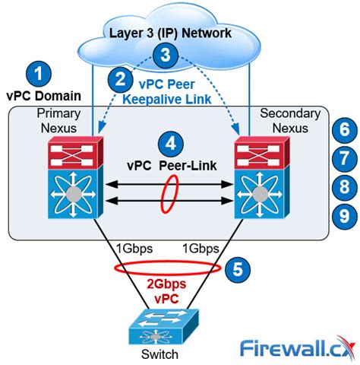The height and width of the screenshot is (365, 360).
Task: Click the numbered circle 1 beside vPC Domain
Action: pos(39,75)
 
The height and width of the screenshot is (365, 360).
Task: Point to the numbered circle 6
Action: pos(345,129)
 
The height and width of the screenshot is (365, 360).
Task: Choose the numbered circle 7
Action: pos(345,158)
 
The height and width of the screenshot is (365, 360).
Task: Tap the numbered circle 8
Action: pos(345,187)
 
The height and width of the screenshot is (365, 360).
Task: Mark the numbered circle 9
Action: pos(345,216)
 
